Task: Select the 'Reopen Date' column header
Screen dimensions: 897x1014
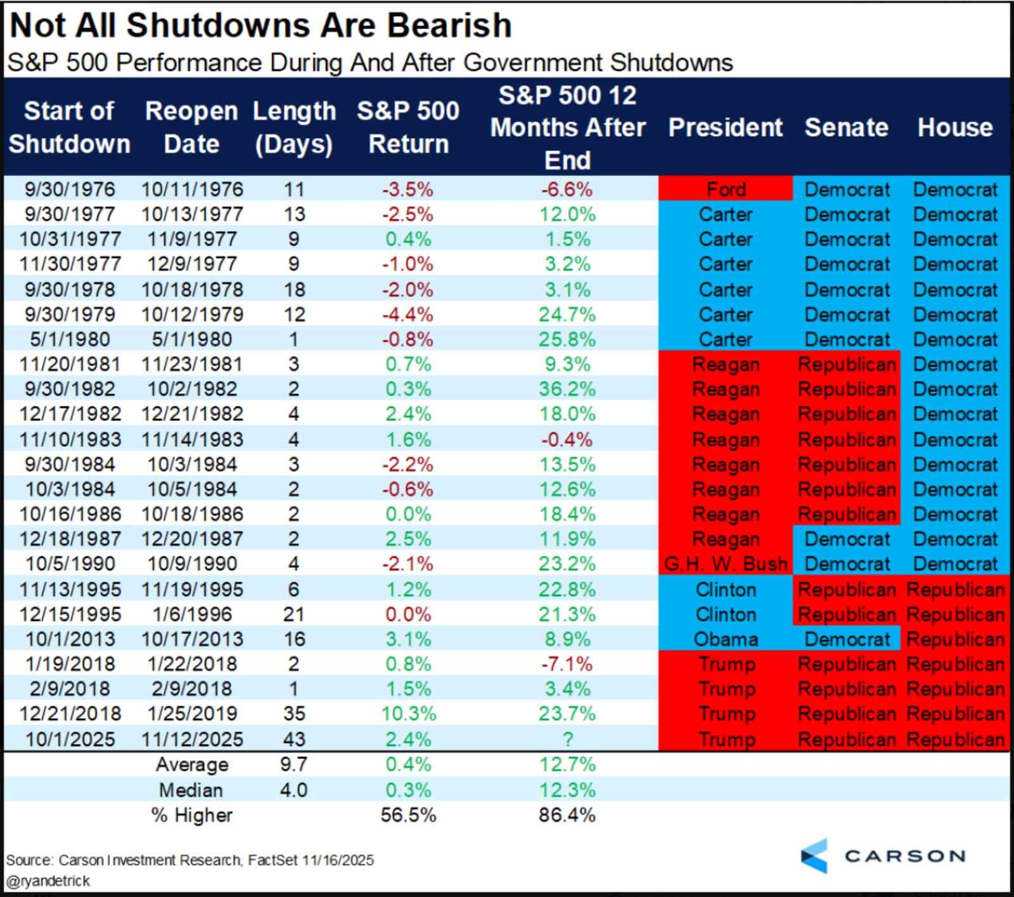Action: (x=191, y=127)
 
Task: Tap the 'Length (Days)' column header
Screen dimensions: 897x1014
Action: (x=294, y=127)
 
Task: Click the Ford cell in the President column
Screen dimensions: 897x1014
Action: (x=726, y=190)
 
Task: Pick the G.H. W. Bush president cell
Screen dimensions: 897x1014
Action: (x=726, y=564)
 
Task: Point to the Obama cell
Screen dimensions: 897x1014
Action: (x=726, y=639)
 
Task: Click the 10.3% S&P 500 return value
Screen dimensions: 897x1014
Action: (x=409, y=714)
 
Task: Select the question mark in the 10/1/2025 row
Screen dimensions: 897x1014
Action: (x=568, y=739)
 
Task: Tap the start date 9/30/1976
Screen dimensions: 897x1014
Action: (x=70, y=190)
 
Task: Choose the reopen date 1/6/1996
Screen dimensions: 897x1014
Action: (x=192, y=614)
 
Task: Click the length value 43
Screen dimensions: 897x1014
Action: (x=294, y=739)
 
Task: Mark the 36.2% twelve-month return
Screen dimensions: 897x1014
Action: (x=567, y=389)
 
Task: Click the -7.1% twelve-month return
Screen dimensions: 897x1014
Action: (x=567, y=664)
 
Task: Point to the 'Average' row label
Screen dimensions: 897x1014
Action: (x=192, y=765)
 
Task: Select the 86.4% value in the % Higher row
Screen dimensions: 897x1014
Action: (x=567, y=815)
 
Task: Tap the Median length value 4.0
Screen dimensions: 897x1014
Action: (x=294, y=790)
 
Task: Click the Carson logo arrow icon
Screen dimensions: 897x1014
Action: (x=815, y=856)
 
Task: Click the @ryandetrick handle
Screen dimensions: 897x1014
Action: (x=48, y=881)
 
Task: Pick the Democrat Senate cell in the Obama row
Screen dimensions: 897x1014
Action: (x=847, y=639)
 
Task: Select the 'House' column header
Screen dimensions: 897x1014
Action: (x=955, y=127)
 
